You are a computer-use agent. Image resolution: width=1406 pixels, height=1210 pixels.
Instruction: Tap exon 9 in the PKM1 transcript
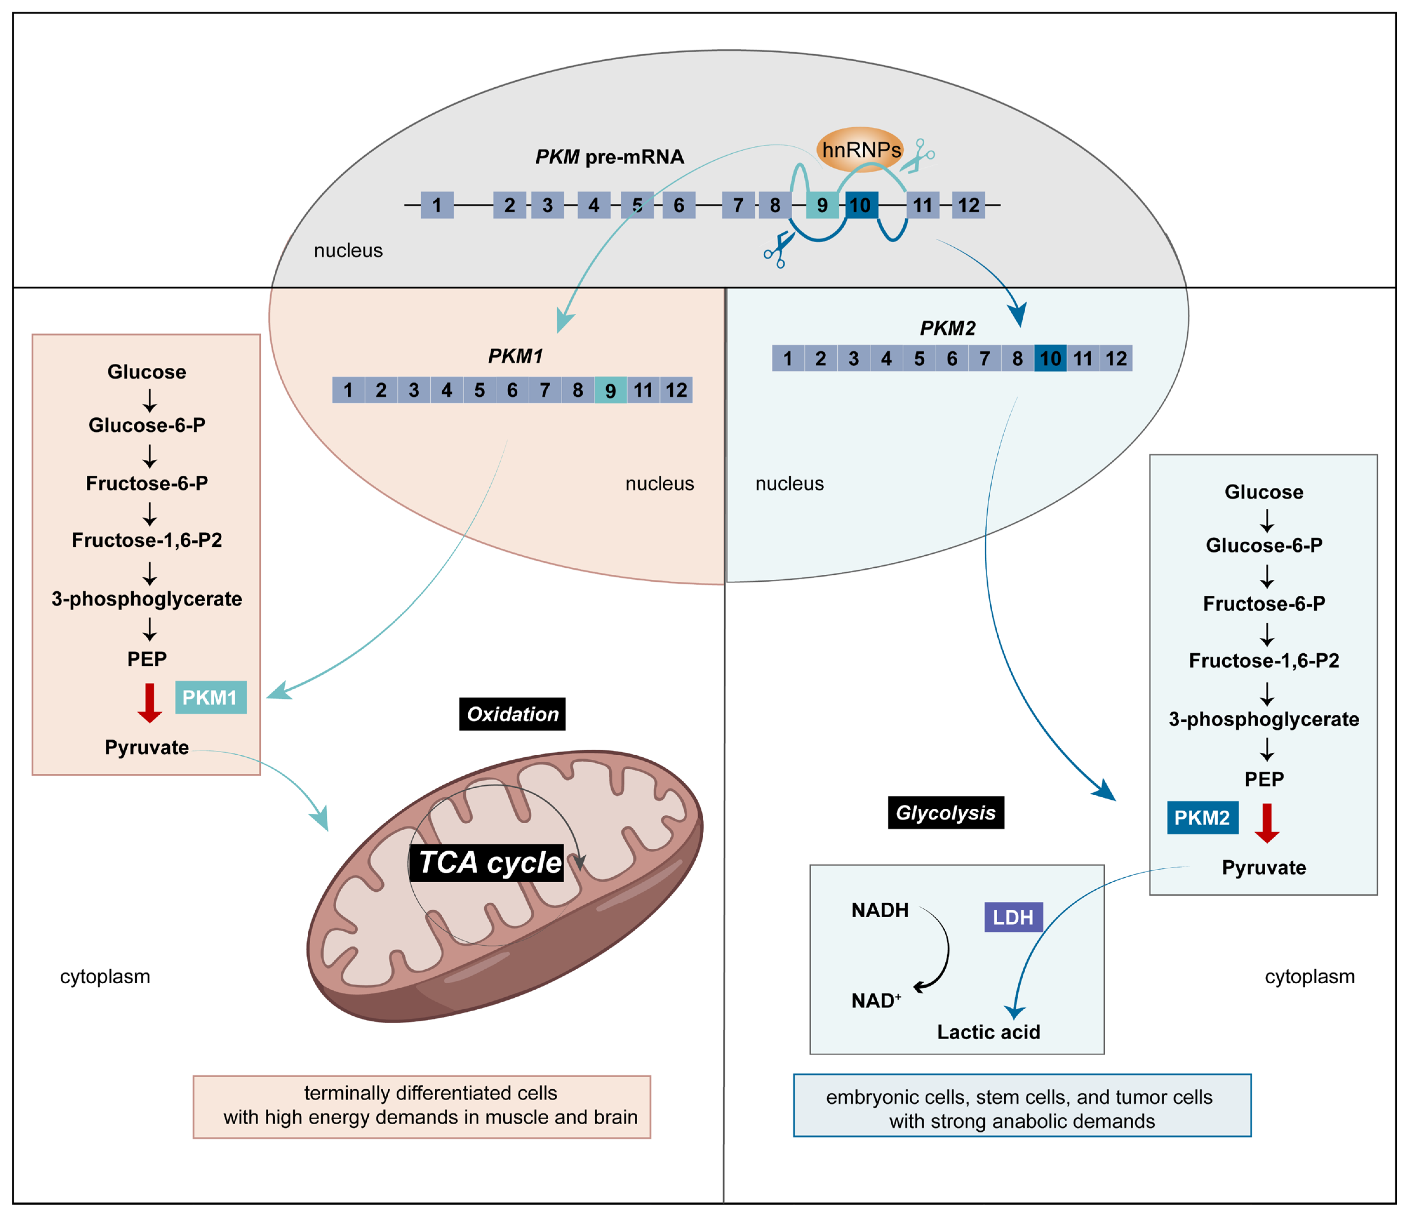(x=610, y=390)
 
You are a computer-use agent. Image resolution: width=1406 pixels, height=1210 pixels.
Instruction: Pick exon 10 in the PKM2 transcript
(x=1050, y=358)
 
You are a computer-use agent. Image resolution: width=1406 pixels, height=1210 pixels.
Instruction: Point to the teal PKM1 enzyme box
(x=210, y=698)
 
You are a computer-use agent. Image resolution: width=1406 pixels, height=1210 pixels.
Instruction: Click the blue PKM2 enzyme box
(x=1202, y=818)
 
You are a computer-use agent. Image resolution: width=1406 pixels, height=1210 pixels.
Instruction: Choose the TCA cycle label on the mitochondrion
(x=489, y=863)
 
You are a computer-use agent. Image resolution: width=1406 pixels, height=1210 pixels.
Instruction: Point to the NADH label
(x=880, y=910)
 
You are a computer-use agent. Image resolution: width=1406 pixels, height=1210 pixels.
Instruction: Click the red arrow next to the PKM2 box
(x=1266, y=823)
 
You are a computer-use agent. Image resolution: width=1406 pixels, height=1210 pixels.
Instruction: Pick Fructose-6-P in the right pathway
(x=1263, y=603)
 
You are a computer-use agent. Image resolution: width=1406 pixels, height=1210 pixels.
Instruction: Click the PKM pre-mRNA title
(x=609, y=157)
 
